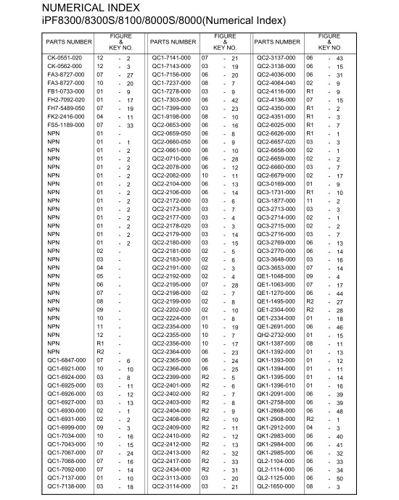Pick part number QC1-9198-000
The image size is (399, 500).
170,117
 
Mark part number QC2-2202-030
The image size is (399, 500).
170,309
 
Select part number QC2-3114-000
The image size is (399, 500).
170,487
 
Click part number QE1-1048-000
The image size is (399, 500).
276,276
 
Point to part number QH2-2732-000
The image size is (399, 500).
276,335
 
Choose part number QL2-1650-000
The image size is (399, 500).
276,487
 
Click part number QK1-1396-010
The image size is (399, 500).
276,386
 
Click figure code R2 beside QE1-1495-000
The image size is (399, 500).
309,301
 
